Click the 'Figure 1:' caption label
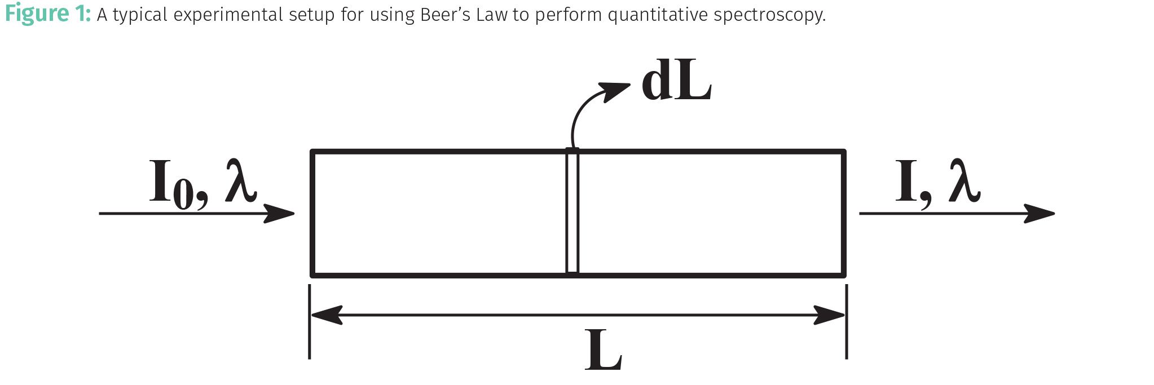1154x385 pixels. [x=47, y=14]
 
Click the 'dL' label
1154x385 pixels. [x=676, y=84]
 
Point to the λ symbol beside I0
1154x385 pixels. [x=241, y=182]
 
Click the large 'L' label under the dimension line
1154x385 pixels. [x=603, y=351]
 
